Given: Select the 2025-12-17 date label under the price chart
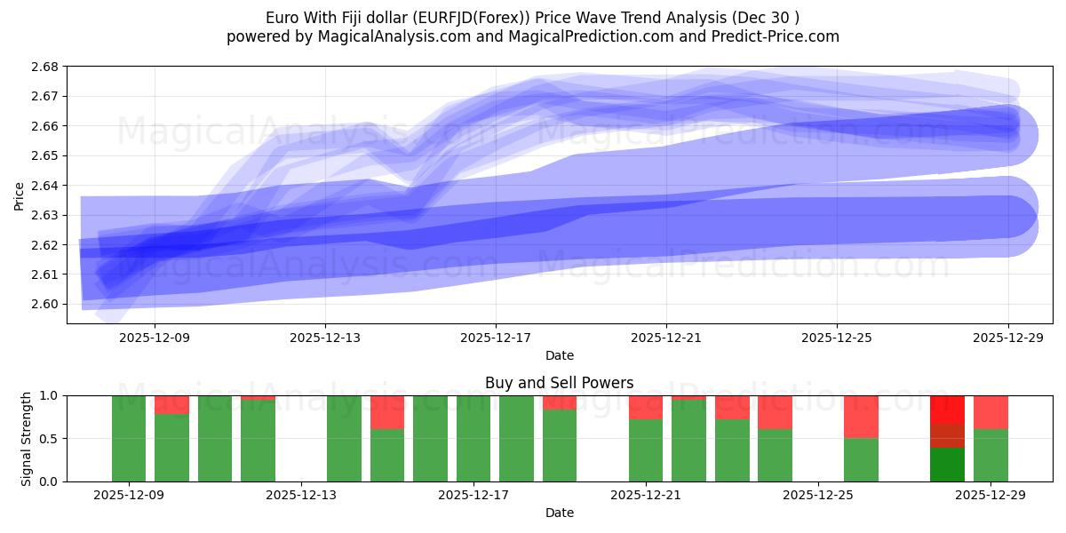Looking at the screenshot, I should [496, 338].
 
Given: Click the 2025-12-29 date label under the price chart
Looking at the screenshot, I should [1008, 338].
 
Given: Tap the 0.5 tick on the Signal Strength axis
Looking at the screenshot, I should [50, 439].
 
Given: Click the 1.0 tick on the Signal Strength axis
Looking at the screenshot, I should [50, 395].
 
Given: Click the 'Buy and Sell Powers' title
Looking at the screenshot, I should [560, 384].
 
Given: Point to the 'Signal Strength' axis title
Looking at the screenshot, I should [27, 439].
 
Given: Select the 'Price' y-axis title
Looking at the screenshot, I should [20, 196].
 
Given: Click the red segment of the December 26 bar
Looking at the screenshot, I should [862, 417].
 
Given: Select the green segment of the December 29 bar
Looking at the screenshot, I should [990, 455].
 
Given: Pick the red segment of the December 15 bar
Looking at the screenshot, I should [387, 412].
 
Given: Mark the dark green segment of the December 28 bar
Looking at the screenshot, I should [947, 465].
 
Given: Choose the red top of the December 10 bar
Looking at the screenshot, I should [171, 405].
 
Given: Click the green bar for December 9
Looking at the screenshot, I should [129, 439].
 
